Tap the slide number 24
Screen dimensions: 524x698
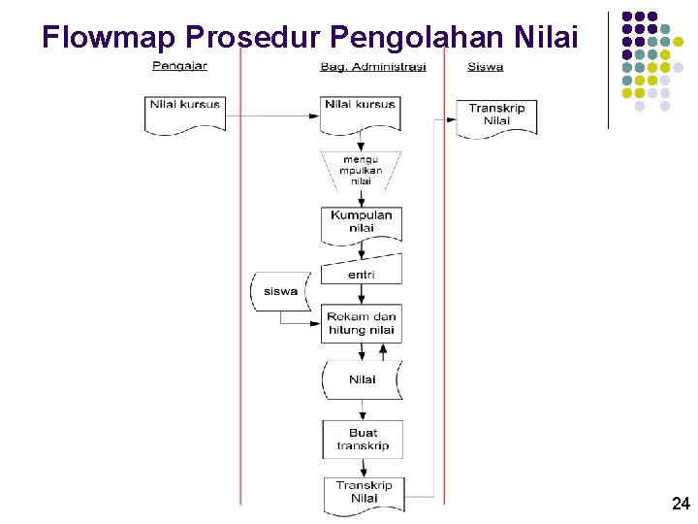coord(680,503)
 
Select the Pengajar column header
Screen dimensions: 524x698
coord(179,66)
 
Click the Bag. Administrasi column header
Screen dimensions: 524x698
coord(372,66)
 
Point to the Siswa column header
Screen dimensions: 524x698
coord(485,66)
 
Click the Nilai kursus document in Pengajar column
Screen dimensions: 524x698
coord(185,111)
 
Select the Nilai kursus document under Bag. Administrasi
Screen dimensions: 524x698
coord(361,111)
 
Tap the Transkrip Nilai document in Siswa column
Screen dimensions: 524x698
coord(496,115)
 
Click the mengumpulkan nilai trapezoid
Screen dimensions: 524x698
coord(361,170)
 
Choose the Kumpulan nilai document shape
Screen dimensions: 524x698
coord(361,222)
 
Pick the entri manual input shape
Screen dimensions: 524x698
coord(361,272)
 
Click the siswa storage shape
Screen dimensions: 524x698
coord(279,291)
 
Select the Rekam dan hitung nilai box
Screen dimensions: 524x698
coord(361,324)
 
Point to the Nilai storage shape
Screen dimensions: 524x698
coord(362,379)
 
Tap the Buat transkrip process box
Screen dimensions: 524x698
coord(362,440)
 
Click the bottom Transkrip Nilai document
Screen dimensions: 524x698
coord(363,493)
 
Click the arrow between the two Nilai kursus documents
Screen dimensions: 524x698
coord(272,115)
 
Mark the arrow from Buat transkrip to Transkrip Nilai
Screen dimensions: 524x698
coord(362,468)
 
